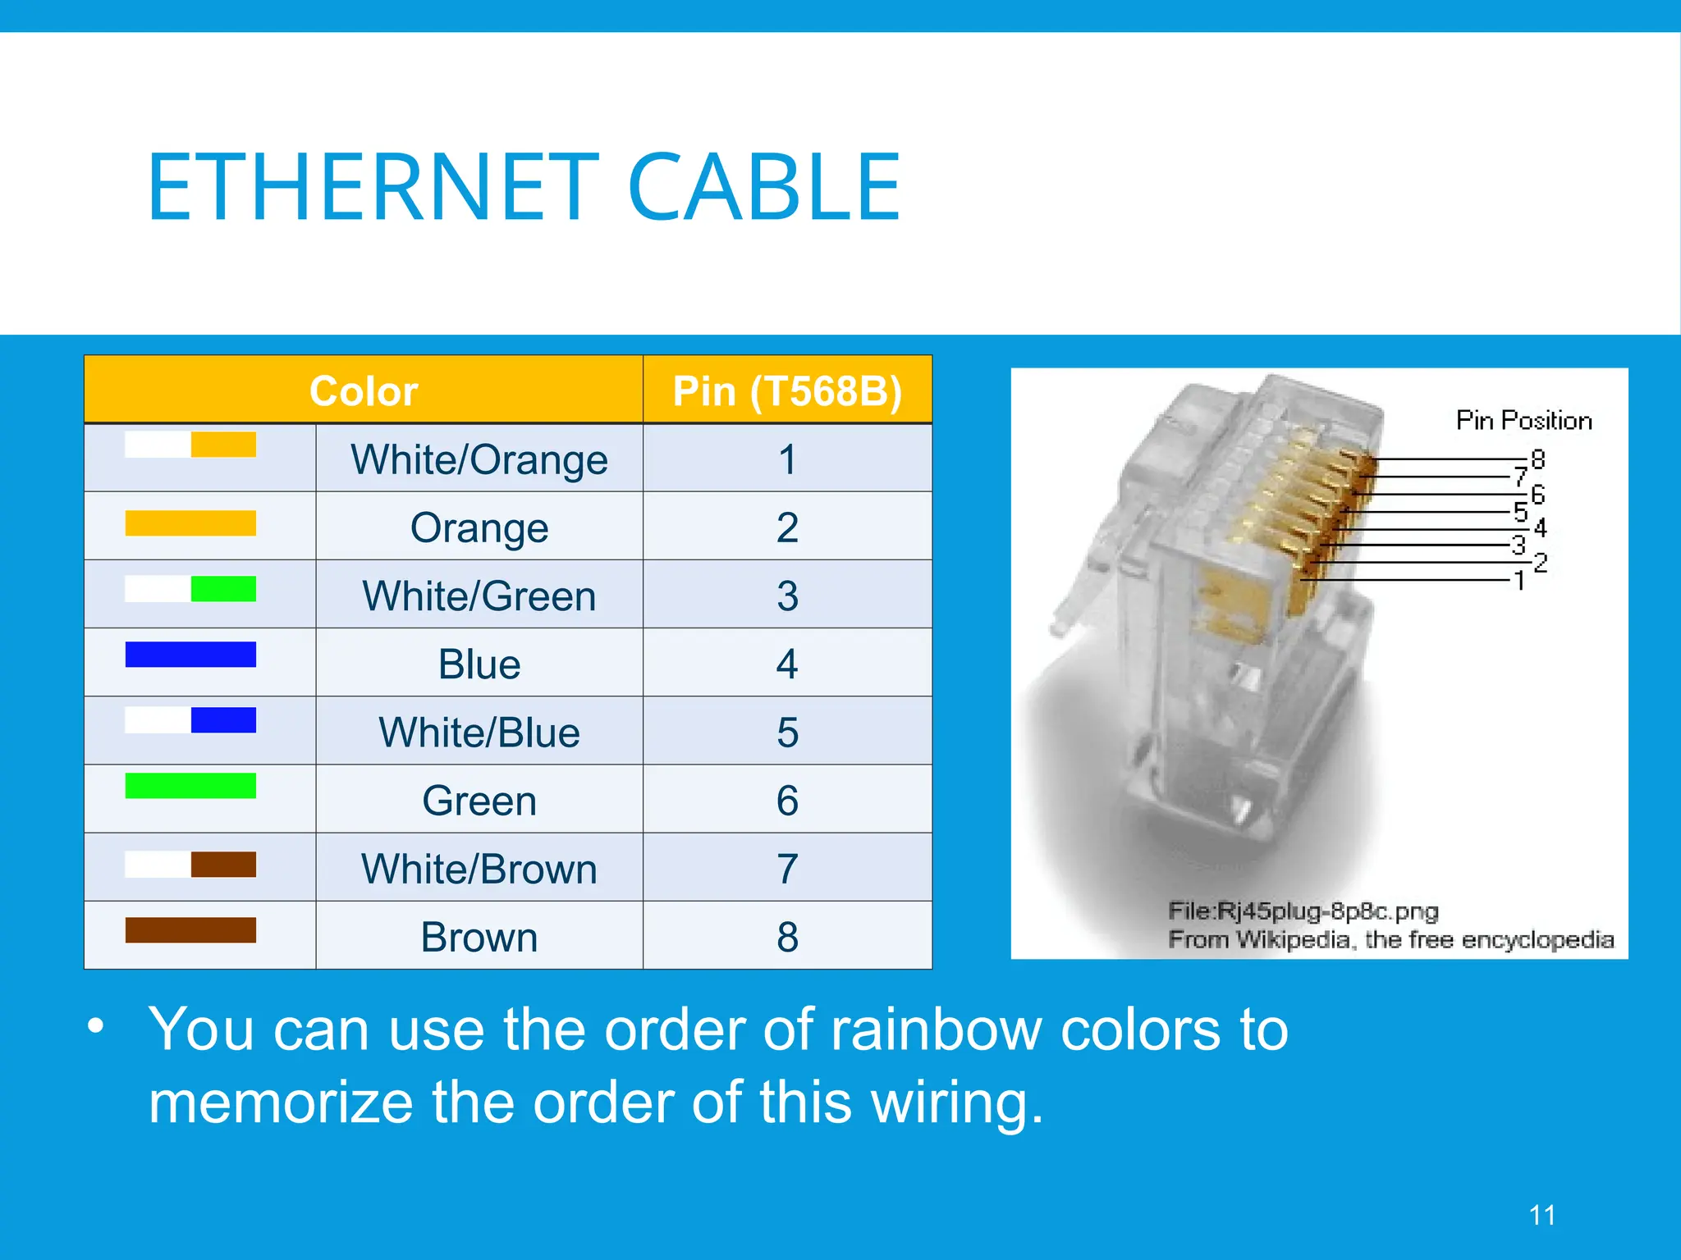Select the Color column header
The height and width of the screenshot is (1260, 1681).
364,390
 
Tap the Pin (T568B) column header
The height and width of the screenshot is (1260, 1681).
787,390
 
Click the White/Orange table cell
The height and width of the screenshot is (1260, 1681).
479,459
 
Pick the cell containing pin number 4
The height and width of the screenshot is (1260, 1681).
787,663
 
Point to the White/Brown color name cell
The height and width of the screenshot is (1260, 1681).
479,868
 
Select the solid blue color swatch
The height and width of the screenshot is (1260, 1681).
190,655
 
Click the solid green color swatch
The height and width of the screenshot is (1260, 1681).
190,785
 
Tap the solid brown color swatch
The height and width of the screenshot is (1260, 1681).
190,930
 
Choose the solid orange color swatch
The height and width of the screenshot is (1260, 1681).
190,523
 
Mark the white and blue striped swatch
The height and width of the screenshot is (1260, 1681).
190,720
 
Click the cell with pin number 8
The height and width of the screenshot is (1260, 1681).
787,936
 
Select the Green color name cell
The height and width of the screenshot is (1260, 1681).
479,800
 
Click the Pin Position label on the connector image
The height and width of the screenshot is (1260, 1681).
1523,420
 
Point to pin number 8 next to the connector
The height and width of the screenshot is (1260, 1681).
1538,459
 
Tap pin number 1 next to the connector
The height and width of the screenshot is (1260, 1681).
1519,581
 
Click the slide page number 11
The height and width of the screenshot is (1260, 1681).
1542,1215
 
